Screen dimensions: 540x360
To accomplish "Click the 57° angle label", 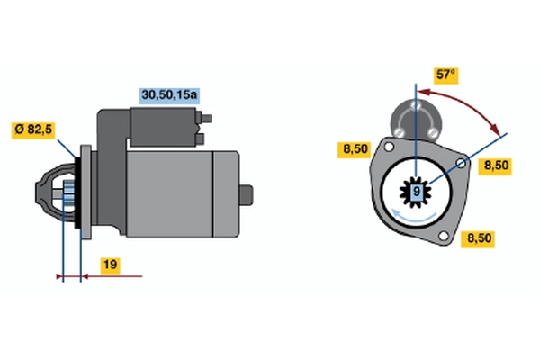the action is [445, 75].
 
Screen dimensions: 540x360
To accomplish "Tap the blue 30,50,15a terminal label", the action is [169, 94].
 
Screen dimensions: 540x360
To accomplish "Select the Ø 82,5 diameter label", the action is [33, 130].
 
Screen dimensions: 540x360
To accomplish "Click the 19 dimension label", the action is [110, 265].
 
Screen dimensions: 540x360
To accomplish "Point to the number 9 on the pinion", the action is [417, 191].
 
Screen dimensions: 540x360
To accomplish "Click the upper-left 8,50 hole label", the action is [355, 149].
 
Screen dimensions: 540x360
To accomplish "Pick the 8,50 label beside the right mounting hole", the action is [496, 166].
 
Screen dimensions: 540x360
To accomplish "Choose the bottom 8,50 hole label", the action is [479, 238].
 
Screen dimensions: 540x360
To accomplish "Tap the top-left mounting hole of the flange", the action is [389, 147].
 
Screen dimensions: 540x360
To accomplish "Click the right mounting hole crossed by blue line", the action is [461, 163].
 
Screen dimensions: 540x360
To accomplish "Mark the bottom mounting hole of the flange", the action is [444, 236].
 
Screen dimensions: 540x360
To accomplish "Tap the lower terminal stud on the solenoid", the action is [201, 139].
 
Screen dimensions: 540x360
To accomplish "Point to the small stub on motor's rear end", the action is [247, 195].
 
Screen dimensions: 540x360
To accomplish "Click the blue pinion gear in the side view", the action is [68, 195].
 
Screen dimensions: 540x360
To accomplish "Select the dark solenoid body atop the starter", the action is [163, 127].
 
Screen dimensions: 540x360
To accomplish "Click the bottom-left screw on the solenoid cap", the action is [399, 132].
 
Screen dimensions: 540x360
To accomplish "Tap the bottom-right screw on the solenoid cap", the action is [433, 132].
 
